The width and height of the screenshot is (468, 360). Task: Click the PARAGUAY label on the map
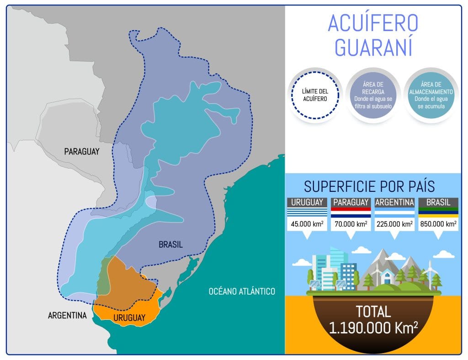82,152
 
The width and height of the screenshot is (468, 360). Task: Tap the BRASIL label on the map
170,244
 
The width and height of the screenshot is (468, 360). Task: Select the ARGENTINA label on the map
67,315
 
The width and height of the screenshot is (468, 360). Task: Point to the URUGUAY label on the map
129,318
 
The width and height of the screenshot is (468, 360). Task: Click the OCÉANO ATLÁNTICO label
242,291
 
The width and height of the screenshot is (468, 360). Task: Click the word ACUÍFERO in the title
373,24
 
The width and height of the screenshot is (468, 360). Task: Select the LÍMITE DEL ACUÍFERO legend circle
315,95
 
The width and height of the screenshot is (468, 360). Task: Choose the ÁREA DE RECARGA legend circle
373,95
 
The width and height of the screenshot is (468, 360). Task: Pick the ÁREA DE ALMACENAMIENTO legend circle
431,95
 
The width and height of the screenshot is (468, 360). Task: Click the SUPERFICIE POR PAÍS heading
369,187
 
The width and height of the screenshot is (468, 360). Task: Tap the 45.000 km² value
307,224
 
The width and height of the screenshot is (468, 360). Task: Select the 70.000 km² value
351,224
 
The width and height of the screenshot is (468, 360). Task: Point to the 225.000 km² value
394,224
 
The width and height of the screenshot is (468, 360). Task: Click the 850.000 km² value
438,224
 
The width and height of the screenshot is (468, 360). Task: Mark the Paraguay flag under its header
351,212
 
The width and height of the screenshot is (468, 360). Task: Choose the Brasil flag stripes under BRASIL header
438,212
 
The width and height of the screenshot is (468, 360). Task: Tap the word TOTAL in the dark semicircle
373,312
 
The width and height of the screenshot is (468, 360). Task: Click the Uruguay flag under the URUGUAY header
307,212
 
